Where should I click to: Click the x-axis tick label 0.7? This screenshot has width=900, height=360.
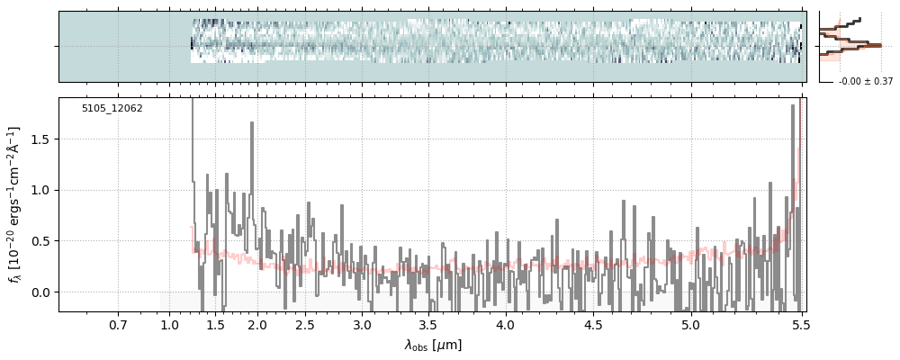[118, 325]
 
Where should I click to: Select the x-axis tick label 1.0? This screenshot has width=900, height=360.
[170, 325]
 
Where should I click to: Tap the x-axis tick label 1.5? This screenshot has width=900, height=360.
[215, 325]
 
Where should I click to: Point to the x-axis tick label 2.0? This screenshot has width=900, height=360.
[256, 325]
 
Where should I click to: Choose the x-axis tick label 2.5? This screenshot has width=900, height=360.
[305, 325]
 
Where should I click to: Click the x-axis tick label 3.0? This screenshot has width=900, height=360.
[362, 325]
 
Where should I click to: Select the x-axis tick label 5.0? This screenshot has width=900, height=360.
[690, 325]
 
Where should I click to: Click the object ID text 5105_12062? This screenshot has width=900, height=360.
[112, 109]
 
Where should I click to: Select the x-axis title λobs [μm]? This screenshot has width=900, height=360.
[432, 345]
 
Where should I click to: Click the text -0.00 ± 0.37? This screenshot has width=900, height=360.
[865, 82]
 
